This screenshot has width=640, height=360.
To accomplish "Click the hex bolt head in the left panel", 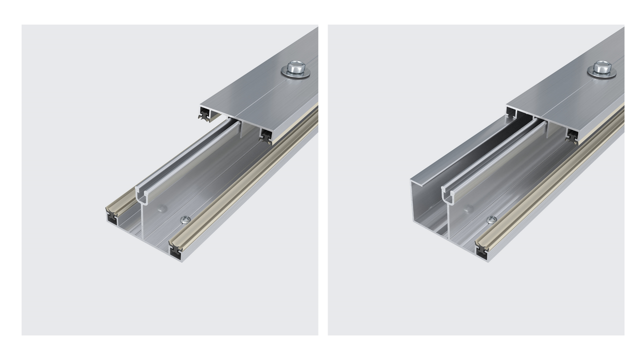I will tap(295, 66).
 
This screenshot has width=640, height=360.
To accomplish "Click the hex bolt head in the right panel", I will tap(601, 66).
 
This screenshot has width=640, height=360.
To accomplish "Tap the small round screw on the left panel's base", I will tap(185, 219).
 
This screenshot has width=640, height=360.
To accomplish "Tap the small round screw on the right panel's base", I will tap(491, 219).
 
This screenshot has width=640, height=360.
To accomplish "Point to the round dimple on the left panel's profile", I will tap(161, 208).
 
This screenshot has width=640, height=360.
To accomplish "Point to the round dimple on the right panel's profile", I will tap(468, 208).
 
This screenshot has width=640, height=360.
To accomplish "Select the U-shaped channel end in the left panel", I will tap(142, 196).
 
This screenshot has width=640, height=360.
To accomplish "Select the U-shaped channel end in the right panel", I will tap(449, 196).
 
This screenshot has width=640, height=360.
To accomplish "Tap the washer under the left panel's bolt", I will tap(295, 73).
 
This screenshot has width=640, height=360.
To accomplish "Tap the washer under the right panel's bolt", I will tap(601, 73).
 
